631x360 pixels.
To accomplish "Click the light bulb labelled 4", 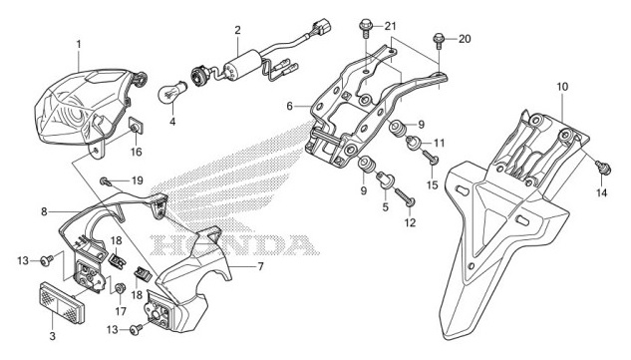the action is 172,91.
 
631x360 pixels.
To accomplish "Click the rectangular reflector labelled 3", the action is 62,302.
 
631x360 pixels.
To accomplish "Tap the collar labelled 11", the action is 414,143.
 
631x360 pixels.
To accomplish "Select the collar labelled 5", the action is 385,180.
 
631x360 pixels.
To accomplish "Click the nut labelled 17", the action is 119,289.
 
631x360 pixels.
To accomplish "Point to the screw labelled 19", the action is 107,180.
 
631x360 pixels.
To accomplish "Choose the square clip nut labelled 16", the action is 137,125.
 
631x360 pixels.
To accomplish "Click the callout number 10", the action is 562,87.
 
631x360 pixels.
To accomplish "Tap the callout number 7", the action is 260,266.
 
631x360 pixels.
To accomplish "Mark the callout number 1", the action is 79,44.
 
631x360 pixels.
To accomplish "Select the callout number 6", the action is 290,107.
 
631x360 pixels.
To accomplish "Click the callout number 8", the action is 44,211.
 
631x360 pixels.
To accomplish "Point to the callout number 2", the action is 237,30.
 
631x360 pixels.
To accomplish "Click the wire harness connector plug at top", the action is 321,27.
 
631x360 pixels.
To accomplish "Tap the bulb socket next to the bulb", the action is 198,76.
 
